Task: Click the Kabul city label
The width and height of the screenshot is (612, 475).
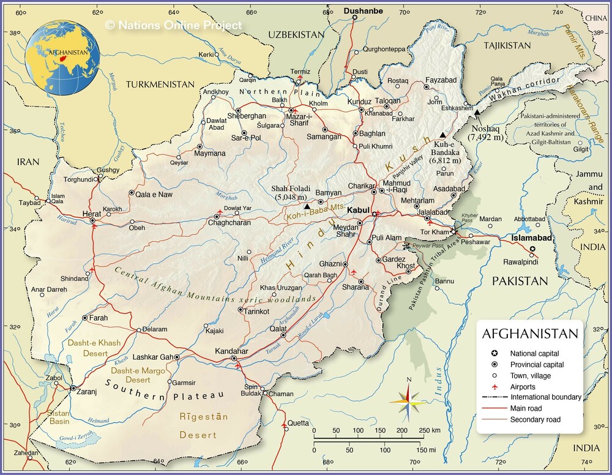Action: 358,210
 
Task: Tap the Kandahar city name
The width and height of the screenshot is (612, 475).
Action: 231,351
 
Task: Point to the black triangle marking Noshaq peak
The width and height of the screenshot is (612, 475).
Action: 477,113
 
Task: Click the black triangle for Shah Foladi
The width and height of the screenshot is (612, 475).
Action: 307,206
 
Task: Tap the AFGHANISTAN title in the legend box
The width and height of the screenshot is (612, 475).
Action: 530,334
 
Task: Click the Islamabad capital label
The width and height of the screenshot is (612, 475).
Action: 532,238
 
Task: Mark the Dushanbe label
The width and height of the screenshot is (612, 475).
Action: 363,10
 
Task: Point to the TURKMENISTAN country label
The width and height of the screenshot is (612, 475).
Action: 160,84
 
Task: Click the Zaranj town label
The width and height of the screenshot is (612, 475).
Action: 86,388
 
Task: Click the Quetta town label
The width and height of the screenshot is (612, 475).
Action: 299,422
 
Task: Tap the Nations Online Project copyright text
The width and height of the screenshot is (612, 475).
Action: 173,25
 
